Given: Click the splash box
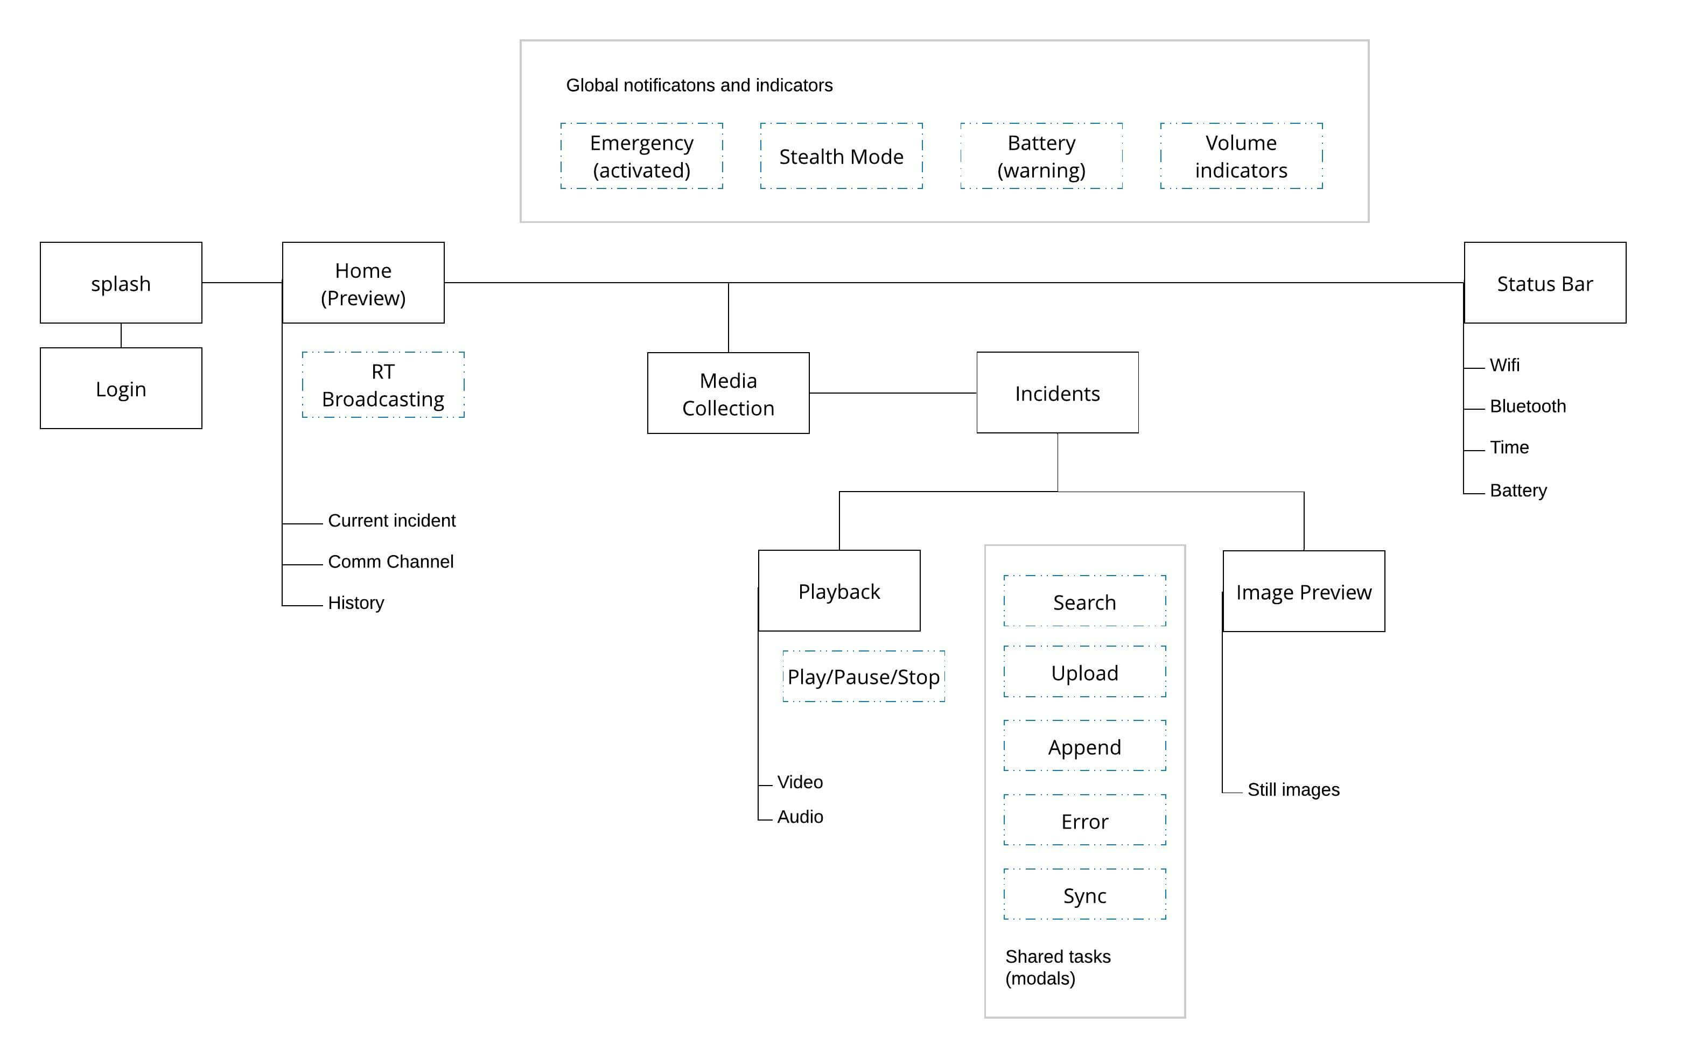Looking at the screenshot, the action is [x=121, y=283].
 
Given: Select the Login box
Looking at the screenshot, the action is [x=121, y=388].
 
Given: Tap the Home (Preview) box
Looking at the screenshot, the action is [x=363, y=283].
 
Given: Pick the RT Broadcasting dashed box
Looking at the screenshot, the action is [x=383, y=385].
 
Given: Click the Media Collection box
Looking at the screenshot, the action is [x=729, y=393].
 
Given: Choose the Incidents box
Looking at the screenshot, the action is [x=1057, y=393].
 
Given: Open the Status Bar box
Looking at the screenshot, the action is [x=1545, y=283].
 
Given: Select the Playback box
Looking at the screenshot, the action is [x=839, y=591].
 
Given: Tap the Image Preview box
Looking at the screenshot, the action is [x=1304, y=591].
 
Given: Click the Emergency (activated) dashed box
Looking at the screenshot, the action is [x=642, y=156].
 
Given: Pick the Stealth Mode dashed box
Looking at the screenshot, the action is [x=841, y=156].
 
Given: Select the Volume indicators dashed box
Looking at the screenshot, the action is [x=1241, y=156].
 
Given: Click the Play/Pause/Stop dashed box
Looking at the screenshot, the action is [x=864, y=676].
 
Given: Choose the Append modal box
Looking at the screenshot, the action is [x=1084, y=746].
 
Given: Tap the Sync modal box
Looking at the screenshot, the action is [x=1084, y=894].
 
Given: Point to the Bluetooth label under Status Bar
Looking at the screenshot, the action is [x=1528, y=406].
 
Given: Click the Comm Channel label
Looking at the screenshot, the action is [x=390, y=561].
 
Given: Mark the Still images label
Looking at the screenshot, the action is [x=1293, y=789].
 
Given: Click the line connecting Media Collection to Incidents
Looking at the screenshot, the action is [x=893, y=393].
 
